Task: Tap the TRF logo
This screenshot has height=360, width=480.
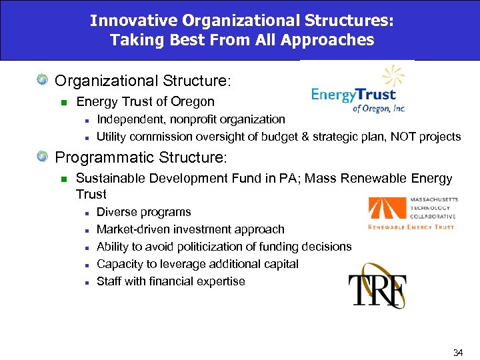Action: pyautogui.click(x=377, y=285)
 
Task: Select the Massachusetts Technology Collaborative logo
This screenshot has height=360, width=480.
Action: pyautogui.click(x=411, y=213)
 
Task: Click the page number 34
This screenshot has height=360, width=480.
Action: pyautogui.click(x=457, y=351)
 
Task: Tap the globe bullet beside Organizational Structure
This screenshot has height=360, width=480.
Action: pyautogui.click(x=43, y=81)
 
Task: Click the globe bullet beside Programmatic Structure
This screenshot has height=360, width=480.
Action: pyautogui.click(x=43, y=158)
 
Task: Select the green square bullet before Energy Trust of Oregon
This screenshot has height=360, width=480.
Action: pyautogui.click(x=63, y=103)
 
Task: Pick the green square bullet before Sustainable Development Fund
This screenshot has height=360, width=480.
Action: pyautogui.click(x=63, y=179)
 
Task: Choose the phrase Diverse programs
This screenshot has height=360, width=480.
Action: pyautogui.click(x=144, y=212)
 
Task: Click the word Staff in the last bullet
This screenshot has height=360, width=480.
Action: pyautogui.click(x=109, y=281)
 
